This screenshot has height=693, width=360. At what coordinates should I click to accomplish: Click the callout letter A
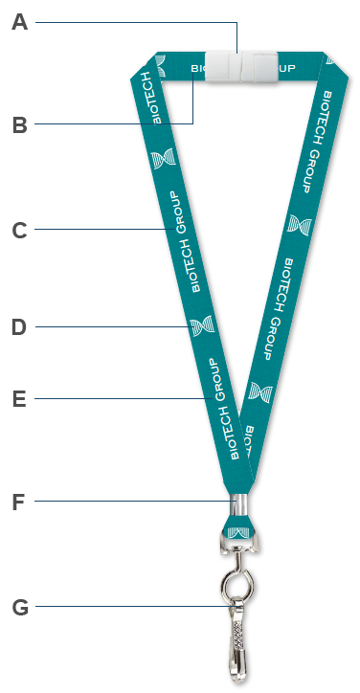(x=19, y=22)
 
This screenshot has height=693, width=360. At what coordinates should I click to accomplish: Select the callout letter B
(x=19, y=124)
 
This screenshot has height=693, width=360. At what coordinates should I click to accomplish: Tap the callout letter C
(x=19, y=230)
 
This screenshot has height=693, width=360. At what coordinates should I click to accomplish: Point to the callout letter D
(x=19, y=327)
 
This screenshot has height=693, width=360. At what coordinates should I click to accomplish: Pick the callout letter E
(x=19, y=399)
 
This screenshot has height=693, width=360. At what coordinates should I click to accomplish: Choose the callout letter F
(x=19, y=502)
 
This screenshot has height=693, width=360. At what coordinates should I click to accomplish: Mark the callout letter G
(x=19, y=607)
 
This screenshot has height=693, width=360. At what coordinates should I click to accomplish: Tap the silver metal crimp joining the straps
(x=237, y=503)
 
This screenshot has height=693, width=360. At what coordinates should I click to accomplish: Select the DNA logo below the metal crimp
(x=237, y=525)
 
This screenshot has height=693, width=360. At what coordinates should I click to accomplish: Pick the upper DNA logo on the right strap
(x=299, y=226)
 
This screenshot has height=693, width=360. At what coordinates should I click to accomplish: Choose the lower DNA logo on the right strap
(x=259, y=391)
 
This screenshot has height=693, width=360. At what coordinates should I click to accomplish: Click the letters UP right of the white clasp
(x=286, y=68)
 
